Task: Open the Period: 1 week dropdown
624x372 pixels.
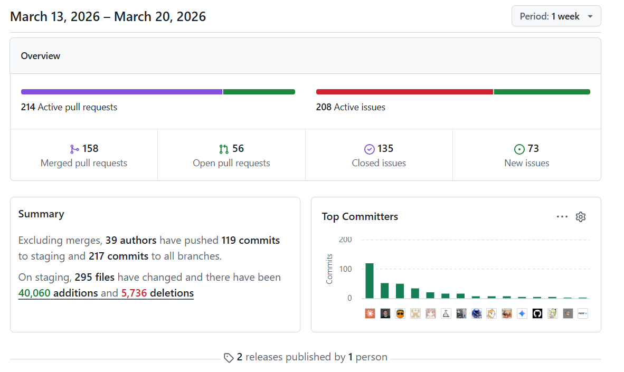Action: pos(556,16)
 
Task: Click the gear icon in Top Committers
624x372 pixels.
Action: pos(581,217)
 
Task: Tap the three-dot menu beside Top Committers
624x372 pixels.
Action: pos(562,217)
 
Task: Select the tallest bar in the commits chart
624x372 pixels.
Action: pos(370,281)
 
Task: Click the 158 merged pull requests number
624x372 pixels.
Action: pos(90,148)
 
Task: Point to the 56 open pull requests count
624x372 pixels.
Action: pos(238,148)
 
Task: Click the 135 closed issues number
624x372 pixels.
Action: pos(385,148)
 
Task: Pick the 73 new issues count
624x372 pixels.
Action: pos(533,148)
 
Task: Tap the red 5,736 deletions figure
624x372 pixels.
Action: pos(134,293)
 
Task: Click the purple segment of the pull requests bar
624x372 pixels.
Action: pos(122,92)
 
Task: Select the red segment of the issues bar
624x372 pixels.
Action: pos(405,92)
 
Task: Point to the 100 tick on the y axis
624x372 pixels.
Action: pos(345,269)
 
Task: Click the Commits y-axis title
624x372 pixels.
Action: pos(329,269)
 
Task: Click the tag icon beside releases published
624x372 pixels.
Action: pos(229,358)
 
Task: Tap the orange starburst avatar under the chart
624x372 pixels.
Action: pos(370,313)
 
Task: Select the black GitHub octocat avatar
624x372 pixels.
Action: pos(537,313)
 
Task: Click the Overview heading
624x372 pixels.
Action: pos(41,56)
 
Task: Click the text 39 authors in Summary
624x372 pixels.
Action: pos(131,240)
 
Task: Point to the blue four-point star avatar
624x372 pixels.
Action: pos(522,313)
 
